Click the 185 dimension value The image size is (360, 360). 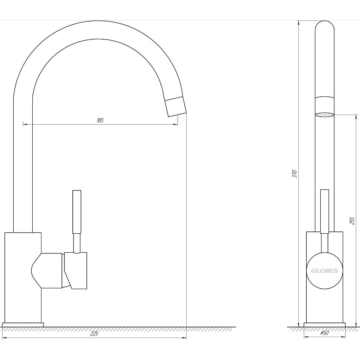[100, 120]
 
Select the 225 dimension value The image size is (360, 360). [94, 334]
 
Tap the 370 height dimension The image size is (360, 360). [294, 174]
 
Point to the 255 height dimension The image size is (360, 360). [352, 220]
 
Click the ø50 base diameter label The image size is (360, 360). [324, 333]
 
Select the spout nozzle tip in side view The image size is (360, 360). [176, 107]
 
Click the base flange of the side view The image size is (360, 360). [24, 325]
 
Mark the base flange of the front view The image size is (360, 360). [324, 325]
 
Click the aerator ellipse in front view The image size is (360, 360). [324, 115]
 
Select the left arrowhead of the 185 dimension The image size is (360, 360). [24, 124]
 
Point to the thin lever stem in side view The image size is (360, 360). [77, 243]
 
